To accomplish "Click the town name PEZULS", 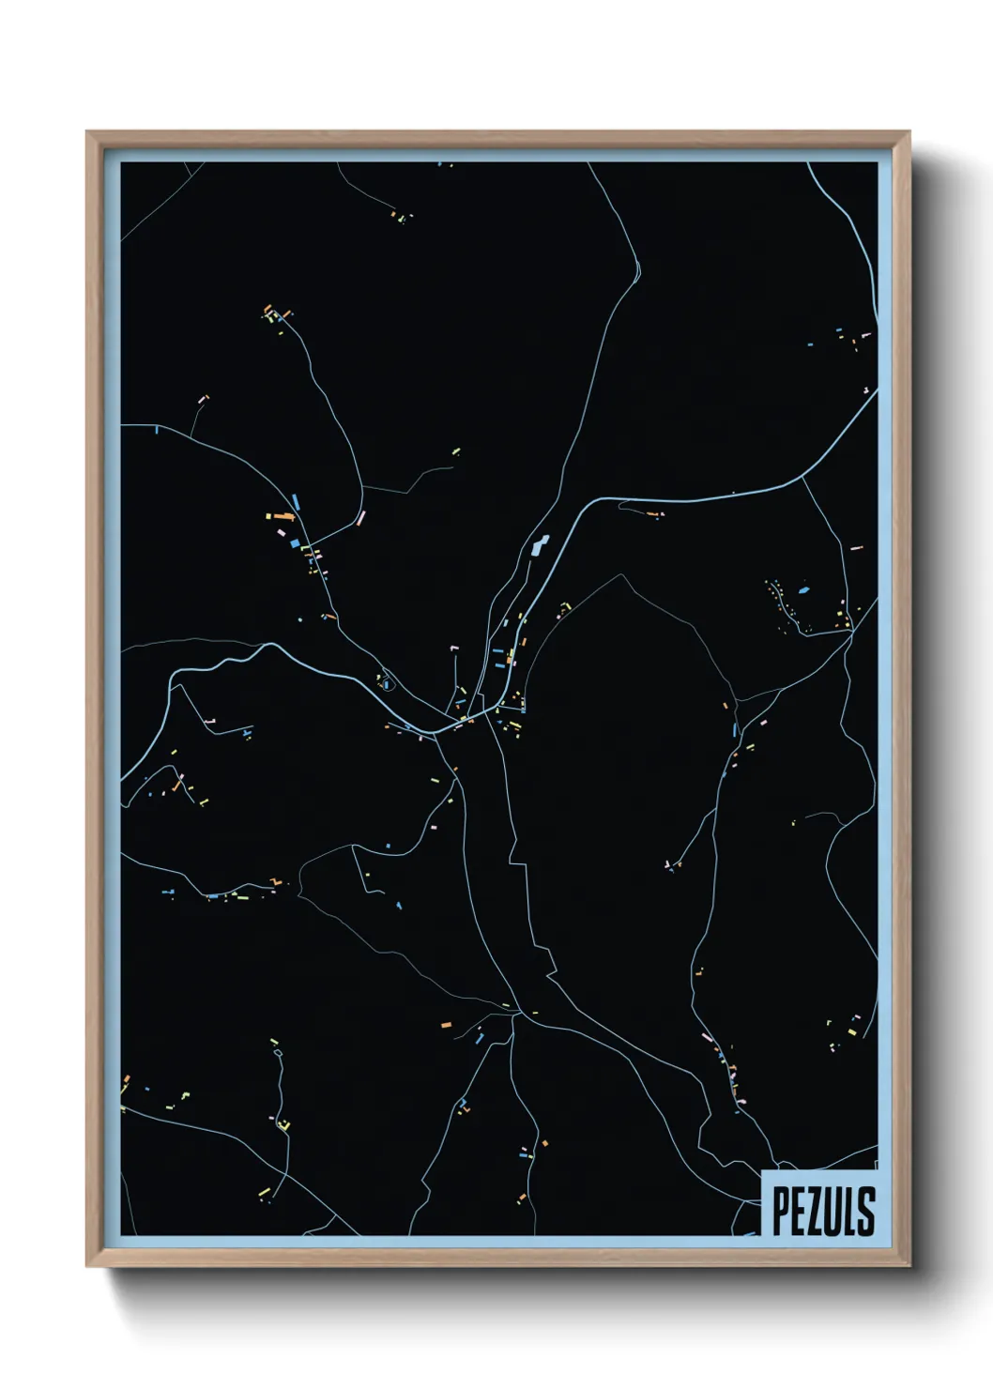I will [x=823, y=1211].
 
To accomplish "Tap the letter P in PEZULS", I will [x=781, y=1211].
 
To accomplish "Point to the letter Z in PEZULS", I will [x=815, y=1211].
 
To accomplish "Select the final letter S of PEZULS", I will [x=866, y=1211].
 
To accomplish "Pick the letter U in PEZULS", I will [x=833, y=1211].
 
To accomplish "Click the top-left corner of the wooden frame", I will [x=88, y=133].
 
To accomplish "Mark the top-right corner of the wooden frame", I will [x=908, y=133].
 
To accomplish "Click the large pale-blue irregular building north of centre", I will [x=539, y=545].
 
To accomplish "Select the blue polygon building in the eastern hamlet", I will [x=803, y=591].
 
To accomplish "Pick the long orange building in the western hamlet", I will [x=280, y=515].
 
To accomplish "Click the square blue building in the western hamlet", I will [x=293, y=542].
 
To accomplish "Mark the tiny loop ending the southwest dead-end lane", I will [x=278, y=1053].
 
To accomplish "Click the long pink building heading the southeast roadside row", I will [x=708, y=1038].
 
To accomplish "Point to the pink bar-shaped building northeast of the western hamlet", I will [x=360, y=518].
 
